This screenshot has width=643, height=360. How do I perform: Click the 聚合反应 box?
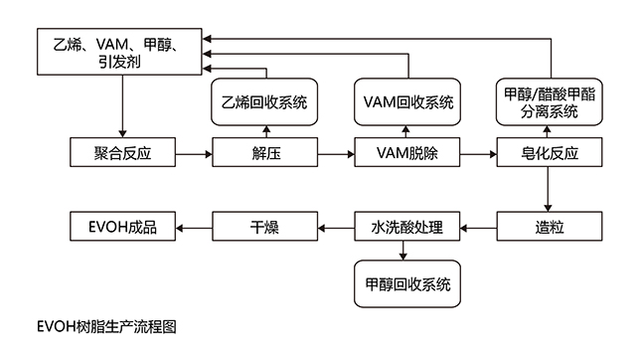click(x=122, y=152)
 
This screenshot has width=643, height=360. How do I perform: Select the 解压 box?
click(x=265, y=152)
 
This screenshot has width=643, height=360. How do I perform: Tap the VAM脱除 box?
click(x=407, y=152)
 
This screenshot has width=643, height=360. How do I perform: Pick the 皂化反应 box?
click(x=550, y=152)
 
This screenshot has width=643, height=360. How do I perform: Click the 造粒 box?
click(x=550, y=226)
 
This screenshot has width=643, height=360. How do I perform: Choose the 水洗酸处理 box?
click(x=407, y=226)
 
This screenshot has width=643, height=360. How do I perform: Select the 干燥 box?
click(x=265, y=226)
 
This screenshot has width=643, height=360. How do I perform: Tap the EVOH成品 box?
click(x=122, y=226)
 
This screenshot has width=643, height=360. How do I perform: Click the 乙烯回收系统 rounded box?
click(x=264, y=101)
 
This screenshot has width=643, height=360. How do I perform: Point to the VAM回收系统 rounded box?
click(x=407, y=101)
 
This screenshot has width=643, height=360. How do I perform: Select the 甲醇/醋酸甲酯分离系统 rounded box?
click(x=550, y=101)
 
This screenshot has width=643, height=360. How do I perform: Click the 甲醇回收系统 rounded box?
click(x=407, y=283)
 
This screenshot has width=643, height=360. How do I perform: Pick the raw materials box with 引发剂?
click(x=119, y=52)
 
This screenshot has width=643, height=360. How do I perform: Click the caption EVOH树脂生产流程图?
click(x=106, y=327)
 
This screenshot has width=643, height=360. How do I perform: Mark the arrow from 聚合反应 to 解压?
click(x=194, y=154)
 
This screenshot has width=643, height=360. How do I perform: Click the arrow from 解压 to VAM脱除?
click(x=336, y=154)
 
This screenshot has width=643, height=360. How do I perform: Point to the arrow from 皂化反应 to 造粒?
click(x=548, y=189)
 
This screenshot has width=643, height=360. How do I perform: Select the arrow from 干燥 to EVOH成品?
click(x=194, y=229)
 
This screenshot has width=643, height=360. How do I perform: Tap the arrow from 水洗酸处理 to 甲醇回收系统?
click(x=403, y=251)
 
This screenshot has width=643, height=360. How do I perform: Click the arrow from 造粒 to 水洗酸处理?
click(x=479, y=229)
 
